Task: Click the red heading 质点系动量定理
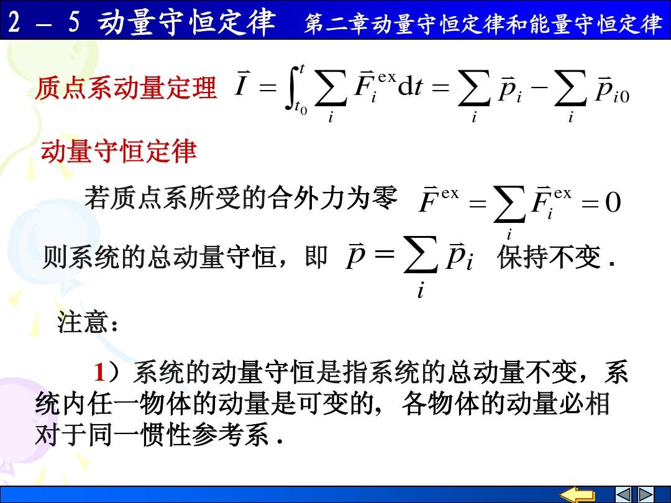point(126,88)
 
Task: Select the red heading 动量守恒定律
point(119,151)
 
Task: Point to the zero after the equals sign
point(613,202)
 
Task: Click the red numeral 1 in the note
point(99,372)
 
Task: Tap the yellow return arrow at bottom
point(577,494)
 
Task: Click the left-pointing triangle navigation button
point(623,494)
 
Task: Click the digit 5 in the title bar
point(74,21)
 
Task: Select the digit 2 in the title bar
point(14,21)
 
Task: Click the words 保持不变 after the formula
point(549,257)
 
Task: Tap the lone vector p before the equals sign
point(355,256)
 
